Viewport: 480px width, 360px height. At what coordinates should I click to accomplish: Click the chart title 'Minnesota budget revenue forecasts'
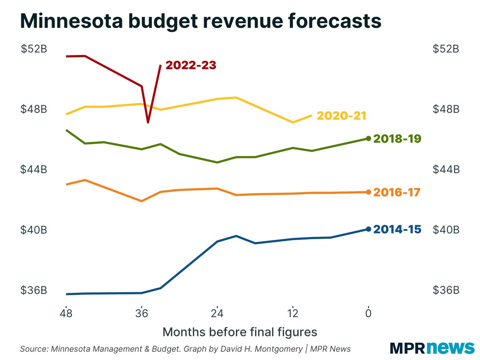point(200,21)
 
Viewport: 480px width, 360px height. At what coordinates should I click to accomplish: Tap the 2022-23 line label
point(191,65)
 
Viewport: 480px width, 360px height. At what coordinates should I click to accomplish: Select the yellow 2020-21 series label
point(341,116)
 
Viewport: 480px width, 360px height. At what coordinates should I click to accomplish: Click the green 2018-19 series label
point(397,139)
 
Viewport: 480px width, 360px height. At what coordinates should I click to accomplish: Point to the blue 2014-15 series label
point(397,230)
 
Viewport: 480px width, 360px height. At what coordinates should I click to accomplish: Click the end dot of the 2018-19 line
point(368,138)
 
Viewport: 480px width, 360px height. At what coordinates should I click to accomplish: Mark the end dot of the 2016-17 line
point(368,192)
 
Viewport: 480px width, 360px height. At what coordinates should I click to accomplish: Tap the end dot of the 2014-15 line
point(368,229)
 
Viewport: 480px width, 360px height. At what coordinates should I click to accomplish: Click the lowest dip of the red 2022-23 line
point(148,122)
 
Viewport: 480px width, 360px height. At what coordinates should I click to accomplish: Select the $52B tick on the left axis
point(34,49)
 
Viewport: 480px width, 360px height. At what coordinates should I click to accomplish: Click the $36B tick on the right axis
point(446,290)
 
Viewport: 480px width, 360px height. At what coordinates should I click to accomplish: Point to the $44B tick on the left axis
point(34,170)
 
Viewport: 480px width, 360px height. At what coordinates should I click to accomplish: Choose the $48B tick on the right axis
point(446,109)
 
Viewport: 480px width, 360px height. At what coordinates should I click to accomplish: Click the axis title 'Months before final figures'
point(240,332)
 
